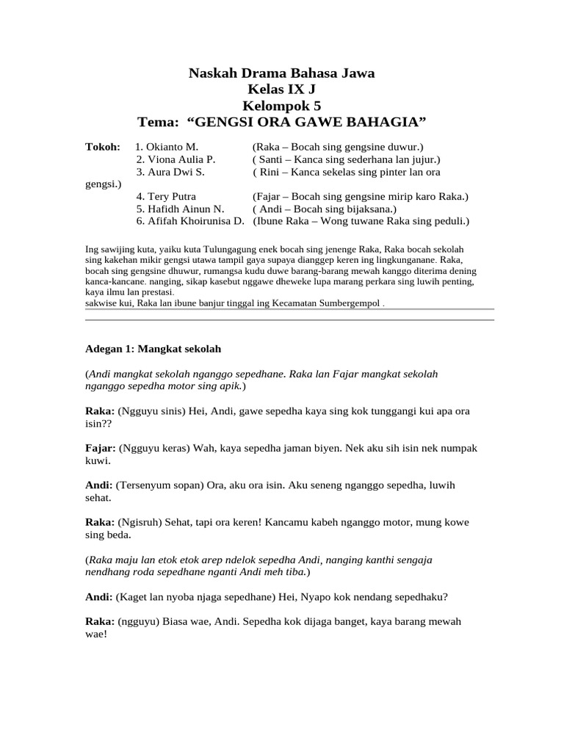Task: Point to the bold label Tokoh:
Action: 103,148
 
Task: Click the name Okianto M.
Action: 167,148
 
